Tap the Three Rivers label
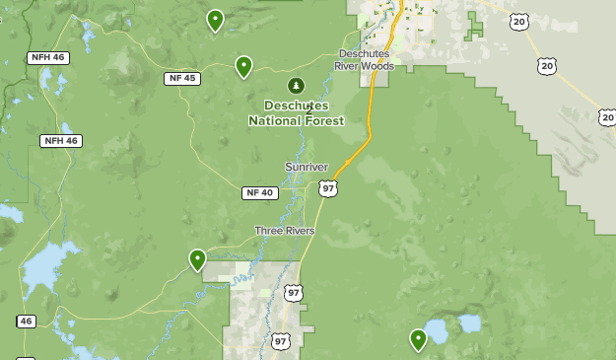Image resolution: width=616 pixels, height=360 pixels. coord(285,231)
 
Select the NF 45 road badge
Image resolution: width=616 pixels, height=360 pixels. coord(182,78)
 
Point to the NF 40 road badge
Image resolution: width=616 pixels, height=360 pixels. coord(259,192)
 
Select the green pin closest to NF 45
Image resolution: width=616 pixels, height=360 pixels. coord(243,66)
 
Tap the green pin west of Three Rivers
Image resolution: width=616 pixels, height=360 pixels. coord(197,259)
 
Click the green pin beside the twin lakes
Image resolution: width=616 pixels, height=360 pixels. coord(419,339)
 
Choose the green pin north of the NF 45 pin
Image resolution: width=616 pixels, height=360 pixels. coord(215,20)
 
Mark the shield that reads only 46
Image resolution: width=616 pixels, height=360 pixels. coord(26,321)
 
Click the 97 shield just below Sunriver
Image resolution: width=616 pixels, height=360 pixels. coord(328,187)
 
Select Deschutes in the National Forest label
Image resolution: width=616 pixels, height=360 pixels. coord(297,106)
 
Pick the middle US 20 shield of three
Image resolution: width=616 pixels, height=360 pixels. coord(547,65)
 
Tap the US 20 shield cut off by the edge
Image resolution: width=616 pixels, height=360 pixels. coord(607,116)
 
